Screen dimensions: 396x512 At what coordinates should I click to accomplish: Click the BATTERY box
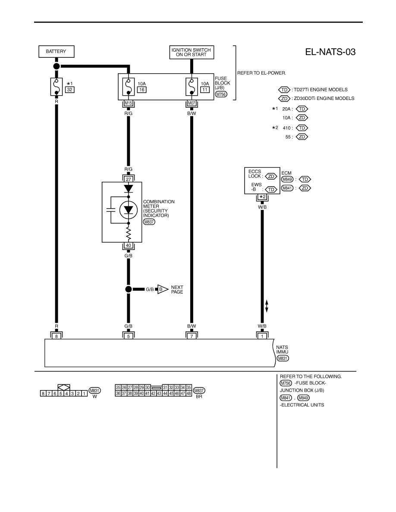tap(56, 52)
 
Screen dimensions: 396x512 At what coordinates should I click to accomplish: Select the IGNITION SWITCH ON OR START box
tap(192, 52)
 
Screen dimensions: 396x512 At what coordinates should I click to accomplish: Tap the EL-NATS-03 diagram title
tap(330, 52)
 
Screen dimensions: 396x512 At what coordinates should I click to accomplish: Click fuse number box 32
tap(69, 90)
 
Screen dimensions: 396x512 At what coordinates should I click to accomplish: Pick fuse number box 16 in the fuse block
tap(141, 90)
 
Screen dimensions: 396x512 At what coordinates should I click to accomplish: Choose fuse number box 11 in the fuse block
tap(205, 90)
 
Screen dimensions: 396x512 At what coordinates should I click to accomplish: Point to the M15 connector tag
tap(129, 103)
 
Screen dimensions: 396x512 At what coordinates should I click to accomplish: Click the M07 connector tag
tap(192, 103)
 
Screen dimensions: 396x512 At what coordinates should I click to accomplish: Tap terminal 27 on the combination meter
tap(129, 179)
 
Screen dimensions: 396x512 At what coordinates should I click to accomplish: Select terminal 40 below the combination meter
tap(129, 245)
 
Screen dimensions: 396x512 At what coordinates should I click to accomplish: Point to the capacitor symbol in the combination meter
tap(111, 210)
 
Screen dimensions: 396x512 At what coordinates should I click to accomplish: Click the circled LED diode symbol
tap(129, 210)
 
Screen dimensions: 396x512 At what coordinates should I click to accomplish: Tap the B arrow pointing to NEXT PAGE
tap(163, 289)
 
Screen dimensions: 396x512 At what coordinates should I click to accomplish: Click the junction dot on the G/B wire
tap(129, 289)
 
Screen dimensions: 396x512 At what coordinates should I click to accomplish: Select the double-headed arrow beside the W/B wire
tap(267, 306)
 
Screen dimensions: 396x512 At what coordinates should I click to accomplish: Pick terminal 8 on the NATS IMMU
tap(57, 336)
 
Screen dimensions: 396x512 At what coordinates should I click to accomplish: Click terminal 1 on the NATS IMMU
tap(262, 336)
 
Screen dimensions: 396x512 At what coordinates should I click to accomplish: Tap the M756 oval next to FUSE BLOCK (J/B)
tap(221, 94)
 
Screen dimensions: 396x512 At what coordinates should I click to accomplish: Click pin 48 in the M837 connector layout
tap(189, 393)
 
